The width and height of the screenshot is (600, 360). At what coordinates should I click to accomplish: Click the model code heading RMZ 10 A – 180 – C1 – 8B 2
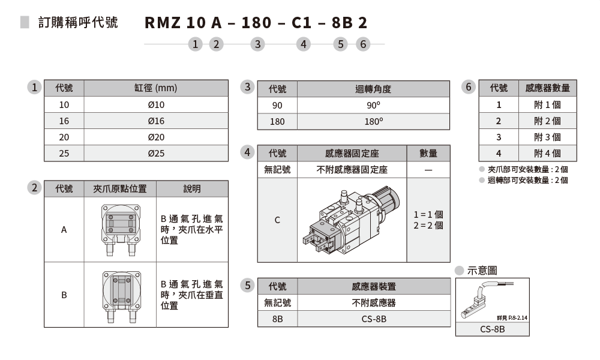(256, 23)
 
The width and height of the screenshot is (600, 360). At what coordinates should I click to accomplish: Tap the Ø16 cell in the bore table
(156, 121)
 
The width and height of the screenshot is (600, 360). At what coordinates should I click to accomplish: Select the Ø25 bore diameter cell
(156, 153)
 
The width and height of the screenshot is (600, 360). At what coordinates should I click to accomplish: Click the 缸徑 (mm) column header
(156, 88)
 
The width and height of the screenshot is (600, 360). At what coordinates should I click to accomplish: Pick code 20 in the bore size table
(64, 137)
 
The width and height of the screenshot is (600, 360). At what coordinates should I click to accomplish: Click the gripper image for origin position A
(120, 229)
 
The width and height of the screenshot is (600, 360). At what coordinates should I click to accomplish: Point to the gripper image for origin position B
(120, 295)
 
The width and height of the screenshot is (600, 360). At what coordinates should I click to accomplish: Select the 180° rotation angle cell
(373, 121)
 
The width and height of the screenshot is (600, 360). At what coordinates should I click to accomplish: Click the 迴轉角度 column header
(373, 89)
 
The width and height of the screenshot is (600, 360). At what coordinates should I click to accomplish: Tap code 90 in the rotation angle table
(277, 105)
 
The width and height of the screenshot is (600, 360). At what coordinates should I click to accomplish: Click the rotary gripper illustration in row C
(352, 220)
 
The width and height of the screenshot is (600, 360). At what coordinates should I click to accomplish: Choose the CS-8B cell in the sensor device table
(374, 319)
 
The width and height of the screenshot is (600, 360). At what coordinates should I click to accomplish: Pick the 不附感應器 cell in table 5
(374, 302)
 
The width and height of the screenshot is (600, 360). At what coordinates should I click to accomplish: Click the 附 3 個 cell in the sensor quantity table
(547, 137)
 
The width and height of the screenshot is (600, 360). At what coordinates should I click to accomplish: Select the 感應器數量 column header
(547, 88)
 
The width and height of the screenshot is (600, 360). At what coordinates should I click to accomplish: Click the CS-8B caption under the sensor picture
(493, 329)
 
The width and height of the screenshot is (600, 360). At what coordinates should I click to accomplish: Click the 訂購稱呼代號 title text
(78, 23)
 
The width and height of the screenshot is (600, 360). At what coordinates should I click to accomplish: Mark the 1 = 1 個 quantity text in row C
(428, 214)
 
